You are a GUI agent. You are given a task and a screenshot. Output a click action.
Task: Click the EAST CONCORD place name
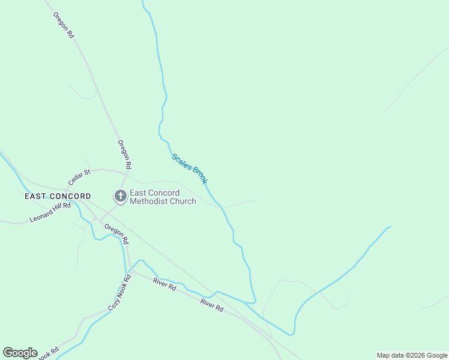point(58,196)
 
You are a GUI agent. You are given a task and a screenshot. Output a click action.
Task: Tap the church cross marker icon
point(120,196)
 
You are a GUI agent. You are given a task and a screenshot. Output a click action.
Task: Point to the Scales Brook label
point(189,169)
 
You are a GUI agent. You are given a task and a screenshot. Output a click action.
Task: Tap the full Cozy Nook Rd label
point(119,293)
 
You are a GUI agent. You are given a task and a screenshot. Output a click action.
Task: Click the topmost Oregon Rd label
point(63,25)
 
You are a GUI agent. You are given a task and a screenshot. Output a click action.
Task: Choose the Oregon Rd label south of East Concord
point(116,233)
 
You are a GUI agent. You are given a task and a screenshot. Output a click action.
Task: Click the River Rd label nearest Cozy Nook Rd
point(164,285)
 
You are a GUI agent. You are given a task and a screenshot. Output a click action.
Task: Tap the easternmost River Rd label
point(212,305)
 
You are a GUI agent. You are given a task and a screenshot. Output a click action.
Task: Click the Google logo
point(20,353)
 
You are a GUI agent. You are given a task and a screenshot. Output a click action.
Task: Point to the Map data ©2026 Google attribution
point(412,355)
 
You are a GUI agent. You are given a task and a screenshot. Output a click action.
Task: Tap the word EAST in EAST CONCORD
point(35,196)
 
